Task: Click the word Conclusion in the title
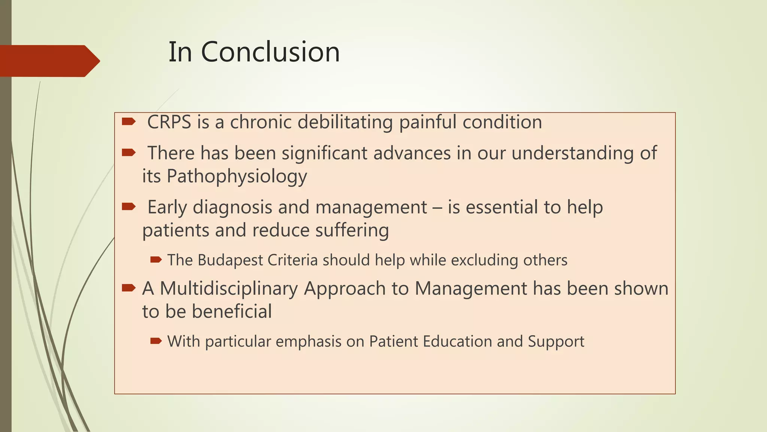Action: [270, 52]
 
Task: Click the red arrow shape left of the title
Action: [49, 61]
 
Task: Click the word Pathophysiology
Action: [237, 176]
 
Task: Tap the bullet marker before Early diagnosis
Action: [128, 207]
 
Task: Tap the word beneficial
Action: [232, 312]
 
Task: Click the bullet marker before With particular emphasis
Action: [156, 341]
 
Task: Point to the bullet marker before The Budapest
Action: [156, 259]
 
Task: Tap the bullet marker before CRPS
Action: [128, 121]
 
